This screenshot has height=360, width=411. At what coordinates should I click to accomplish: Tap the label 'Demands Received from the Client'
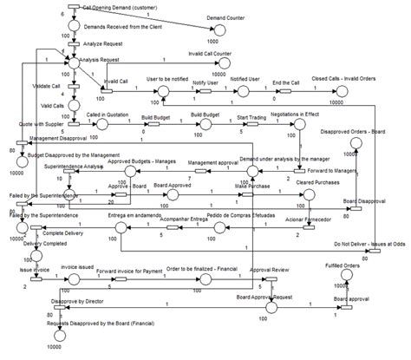click(x=117, y=28)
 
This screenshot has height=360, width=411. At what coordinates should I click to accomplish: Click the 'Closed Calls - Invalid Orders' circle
click(x=324, y=93)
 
